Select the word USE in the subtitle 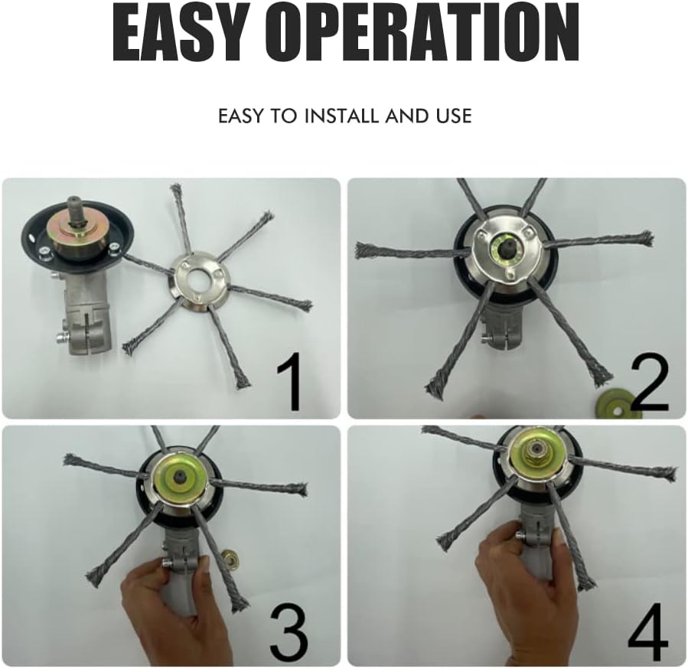pos(454,116)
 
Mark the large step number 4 pos(647,631)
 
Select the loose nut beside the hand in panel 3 pos(230,556)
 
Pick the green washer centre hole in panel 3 pos(181,475)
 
